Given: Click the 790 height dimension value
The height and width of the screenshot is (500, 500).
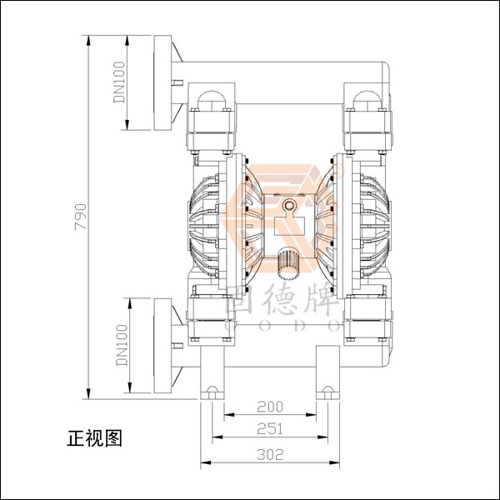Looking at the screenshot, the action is point(80,217).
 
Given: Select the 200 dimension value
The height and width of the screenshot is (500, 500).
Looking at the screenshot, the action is point(270,407).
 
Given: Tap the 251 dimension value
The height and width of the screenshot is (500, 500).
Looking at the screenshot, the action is point(270,429).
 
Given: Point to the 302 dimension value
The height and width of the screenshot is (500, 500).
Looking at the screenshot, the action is point(270,454).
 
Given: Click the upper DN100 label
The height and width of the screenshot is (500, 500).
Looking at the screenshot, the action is point(119,82).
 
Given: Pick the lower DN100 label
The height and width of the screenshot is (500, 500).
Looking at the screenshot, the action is point(122,345).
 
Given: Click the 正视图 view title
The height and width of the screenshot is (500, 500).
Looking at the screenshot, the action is point(94,438).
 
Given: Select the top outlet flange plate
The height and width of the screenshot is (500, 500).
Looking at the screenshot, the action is point(162,82).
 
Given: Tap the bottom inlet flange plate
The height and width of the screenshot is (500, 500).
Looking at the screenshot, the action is point(162,346).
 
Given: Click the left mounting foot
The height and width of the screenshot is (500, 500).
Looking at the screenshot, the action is point(212,372).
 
